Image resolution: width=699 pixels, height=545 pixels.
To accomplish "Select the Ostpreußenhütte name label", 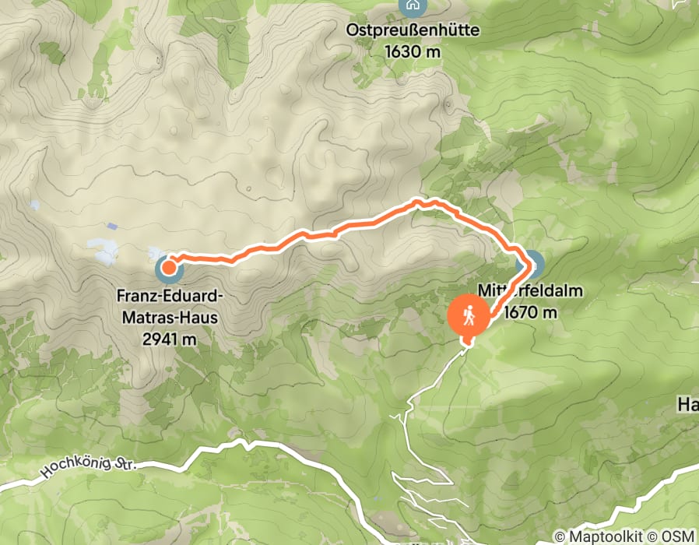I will pos(413,32).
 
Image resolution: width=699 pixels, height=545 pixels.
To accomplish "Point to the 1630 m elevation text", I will pos(413,51).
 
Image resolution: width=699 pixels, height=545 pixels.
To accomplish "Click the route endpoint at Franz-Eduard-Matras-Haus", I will pos(168,269).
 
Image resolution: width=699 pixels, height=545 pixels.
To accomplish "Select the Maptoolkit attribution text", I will pos(602,536).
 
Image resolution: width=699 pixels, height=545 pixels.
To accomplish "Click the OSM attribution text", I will pos(677,536).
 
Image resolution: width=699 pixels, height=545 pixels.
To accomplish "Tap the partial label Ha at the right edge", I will pos(687,404).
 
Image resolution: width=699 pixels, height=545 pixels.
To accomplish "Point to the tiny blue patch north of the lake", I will pos(114,227).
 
